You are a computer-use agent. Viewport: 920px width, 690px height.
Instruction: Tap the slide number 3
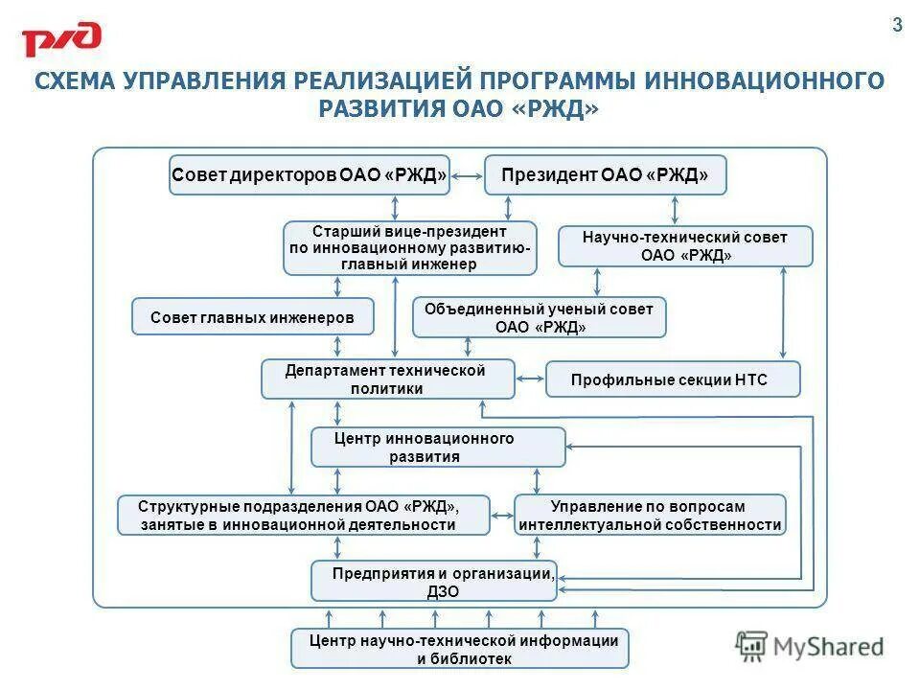pos(897,27)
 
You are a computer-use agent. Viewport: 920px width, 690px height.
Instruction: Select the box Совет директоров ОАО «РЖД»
pos(310,175)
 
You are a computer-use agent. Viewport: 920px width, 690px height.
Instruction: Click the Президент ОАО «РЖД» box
pos(605,175)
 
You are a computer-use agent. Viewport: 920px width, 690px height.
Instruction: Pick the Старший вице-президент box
pos(409,247)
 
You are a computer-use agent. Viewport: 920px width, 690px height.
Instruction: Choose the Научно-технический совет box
pos(684,246)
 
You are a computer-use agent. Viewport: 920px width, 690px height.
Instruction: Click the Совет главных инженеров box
pos(252,316)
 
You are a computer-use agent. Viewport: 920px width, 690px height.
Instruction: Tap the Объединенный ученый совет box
pos(539,317)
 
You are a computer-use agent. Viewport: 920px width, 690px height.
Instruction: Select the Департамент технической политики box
pos(387,379)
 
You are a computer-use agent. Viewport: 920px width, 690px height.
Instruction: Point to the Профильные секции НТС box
pos(672,379)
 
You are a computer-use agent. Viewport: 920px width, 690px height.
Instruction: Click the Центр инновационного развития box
pos(438,448)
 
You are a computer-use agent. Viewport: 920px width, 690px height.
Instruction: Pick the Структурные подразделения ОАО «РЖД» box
pos(303,516)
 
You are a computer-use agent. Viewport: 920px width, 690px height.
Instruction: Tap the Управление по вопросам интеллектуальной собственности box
pos(650,516)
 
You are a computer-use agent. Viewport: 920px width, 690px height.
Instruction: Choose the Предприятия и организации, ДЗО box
pos(433,582)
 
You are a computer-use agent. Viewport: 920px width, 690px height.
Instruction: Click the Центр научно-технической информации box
pos(459,649)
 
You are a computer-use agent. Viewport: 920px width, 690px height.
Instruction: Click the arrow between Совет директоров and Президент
pos(467,176)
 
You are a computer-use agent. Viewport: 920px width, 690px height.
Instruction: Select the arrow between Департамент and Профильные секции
pos(530,380)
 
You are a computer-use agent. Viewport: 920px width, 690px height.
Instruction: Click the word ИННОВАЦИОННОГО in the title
pos(763,80)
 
